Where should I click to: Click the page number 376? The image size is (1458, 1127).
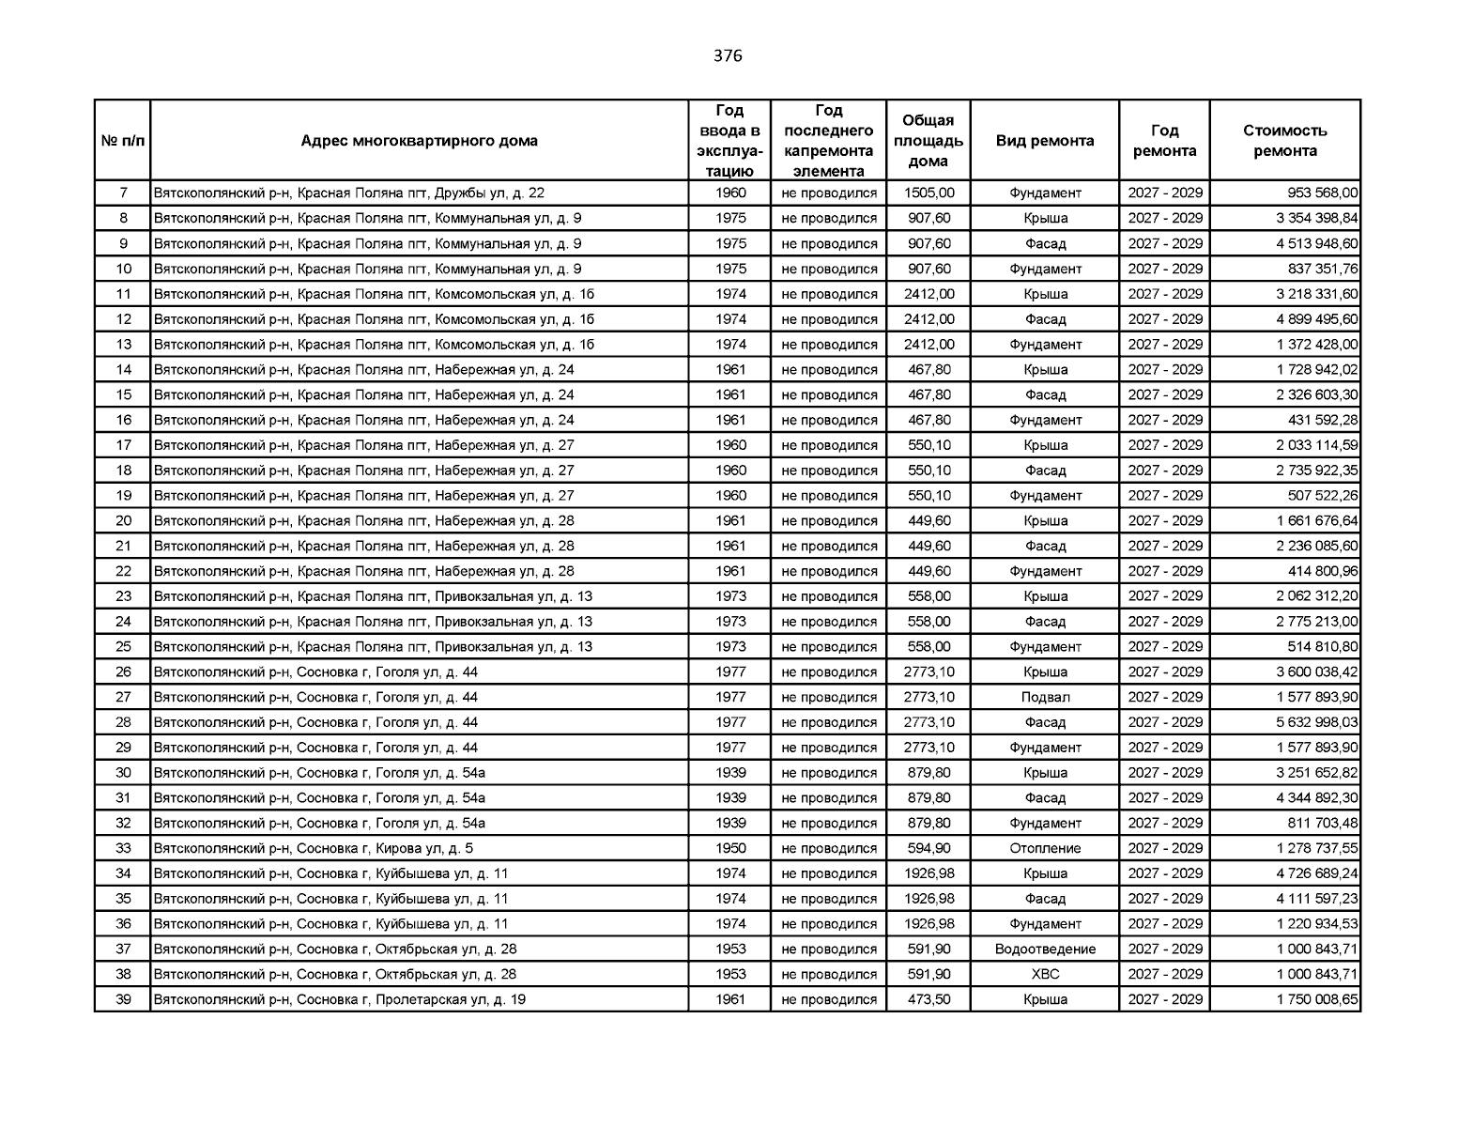pyautogui.click(x=728, y=56)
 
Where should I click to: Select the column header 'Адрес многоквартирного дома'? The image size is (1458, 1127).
pyautogui.click(x=419, y=141)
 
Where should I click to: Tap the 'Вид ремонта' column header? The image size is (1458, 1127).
pyautogui.click(x=1044, y=141)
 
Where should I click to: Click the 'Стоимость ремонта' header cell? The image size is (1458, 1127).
pyautogui.click(x=1284, y=141)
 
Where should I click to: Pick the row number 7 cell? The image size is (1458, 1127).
pyautogui.click(x=123, y=193)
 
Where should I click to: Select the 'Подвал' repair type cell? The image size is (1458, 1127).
pyautogui.click(x=1045, y=697)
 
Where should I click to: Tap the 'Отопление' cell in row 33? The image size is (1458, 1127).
pyautogui.click(x=1045, y=848)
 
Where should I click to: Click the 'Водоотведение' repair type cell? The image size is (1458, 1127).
pyautogui.click(x=1045, y=949)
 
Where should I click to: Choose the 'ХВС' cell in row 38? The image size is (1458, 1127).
pyautogui.click(x=1045, y=974)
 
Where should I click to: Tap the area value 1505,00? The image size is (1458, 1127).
pyautogui.click(x=929, y=193)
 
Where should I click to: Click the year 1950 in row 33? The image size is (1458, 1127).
pyautogui.click(x=730, y=848)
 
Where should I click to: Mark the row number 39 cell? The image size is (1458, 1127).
pyautogui.click(x=123, y=999)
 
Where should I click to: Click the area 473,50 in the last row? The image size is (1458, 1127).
pyautogui.click(x=929, y=999)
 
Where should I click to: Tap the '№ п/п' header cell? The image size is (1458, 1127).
pyautogui.click(x=123, y=141)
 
